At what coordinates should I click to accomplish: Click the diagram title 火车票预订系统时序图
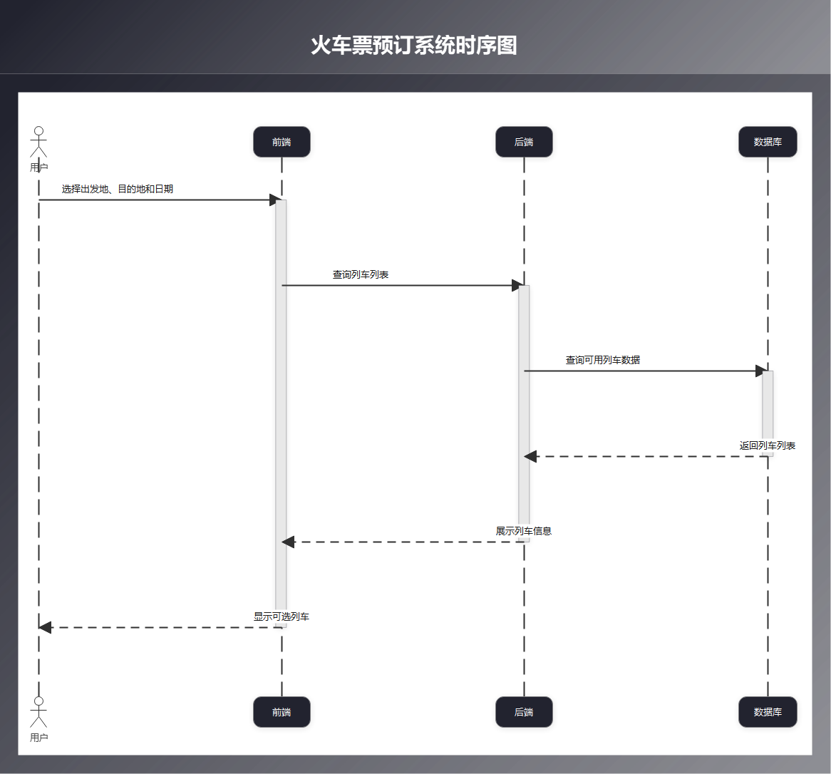[413, 46]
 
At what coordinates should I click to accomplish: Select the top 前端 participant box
[282, 142]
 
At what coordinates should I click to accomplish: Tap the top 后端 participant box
[524, 142]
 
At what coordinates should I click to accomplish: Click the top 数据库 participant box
[768, 142]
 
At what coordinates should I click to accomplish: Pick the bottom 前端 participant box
[282, 712]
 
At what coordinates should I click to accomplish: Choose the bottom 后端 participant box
[524, 712]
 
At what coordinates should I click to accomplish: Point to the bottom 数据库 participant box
[768, 712]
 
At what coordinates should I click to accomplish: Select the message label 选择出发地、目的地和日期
[118, 189]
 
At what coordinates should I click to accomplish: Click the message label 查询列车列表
[361, 274]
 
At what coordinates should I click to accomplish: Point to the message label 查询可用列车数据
[603, 360]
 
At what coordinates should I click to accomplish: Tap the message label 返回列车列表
[768, 445]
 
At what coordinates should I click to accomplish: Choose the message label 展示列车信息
[524, 531]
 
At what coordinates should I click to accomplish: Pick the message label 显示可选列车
[282, 616]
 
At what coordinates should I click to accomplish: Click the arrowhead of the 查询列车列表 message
[517, 285]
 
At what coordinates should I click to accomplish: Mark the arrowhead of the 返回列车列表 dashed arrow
[530, 456]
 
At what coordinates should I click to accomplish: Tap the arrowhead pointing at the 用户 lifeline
[46, 627]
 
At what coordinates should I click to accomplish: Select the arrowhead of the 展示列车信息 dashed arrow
[288, 542]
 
